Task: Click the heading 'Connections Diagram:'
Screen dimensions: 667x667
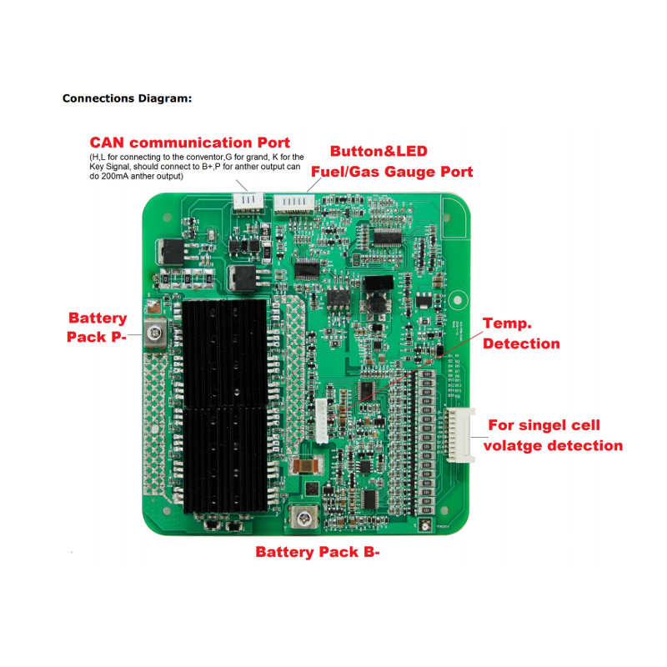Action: click(127, 98)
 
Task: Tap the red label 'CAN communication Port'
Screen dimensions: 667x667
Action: click(190, 143)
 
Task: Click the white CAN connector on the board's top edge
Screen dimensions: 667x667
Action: click(248, 199)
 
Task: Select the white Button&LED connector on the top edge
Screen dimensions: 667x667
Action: click(293, 201)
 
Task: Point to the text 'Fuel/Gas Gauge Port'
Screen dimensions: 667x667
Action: click(392, 172)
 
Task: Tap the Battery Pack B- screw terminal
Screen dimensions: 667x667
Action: click(305, 519)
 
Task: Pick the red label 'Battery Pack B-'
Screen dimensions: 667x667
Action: click(318, 552)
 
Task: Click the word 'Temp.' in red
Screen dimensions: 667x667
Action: click(508, 323)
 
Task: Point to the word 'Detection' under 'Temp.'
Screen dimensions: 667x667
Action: click(522, 344)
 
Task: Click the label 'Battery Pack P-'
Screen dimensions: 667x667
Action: click(98, 327)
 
